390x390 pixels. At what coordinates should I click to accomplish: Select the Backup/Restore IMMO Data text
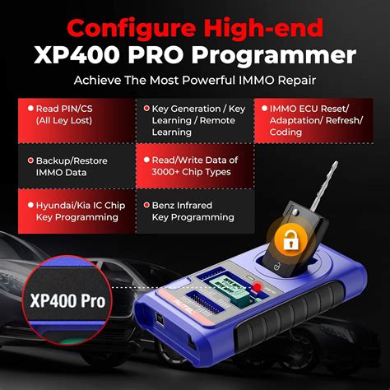[65, 167]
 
